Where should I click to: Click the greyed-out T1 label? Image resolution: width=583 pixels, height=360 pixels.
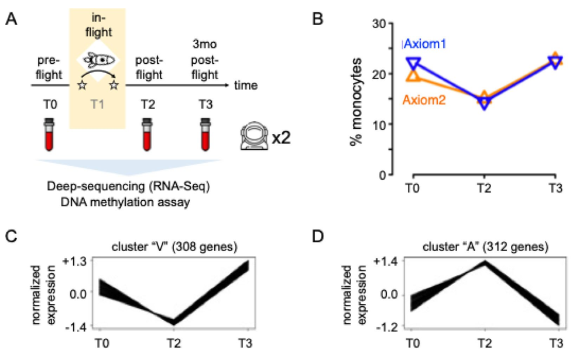click(x=97, y=105)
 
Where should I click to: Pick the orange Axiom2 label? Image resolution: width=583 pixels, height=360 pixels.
click(x=424, y=100)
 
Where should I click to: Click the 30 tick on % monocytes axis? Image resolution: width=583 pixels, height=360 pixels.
click(x=387, y=23)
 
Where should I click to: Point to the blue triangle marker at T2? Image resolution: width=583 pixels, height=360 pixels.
click(x=484, y=104)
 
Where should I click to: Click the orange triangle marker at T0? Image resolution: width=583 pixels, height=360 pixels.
click(x=413, y=75)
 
